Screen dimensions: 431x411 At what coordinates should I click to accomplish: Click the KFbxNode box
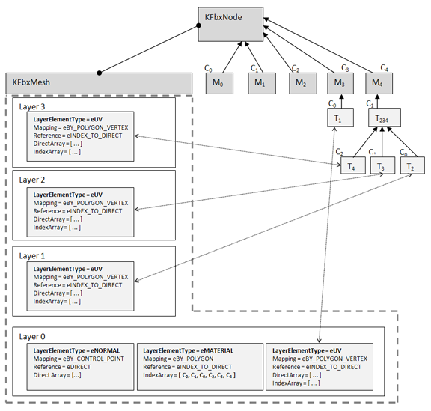click(230, 25)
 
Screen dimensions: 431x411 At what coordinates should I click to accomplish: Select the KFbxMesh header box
click(99, 83)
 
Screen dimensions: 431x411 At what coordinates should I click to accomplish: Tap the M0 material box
click(220, 83)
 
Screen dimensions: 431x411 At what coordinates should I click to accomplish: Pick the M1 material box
click(262, 83)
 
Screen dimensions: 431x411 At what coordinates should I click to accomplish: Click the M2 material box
click(303, 83)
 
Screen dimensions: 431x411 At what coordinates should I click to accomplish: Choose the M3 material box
click(340, 83)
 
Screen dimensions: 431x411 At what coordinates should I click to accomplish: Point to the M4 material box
click(379, 83)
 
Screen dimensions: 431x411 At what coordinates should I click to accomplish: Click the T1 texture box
click(340, 118)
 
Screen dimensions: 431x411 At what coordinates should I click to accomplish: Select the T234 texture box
click(385, 118)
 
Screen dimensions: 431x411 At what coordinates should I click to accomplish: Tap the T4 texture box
click(353, 165)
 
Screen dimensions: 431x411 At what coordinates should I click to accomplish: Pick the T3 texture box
click(382, 165)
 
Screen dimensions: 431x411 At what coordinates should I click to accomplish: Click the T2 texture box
click(412, 165)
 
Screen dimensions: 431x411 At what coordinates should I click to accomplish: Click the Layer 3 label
click(32, 107)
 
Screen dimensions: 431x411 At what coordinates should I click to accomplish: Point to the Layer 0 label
click(32, 337)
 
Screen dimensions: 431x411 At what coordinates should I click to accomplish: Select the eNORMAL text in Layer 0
click(106, 351)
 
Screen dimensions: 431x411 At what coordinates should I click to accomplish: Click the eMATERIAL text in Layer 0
click(217, 351)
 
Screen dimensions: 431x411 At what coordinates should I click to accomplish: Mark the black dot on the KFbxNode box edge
click(198, 25)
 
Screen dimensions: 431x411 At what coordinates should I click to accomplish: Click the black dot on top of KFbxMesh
click(100, 73)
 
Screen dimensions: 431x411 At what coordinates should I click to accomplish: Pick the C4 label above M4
click(385, 67)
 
